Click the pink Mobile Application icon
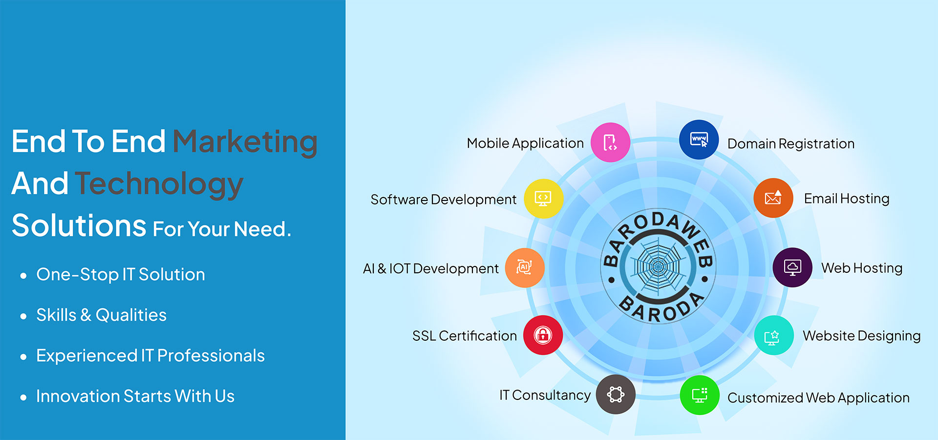[610, 142]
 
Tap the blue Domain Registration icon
[699, 140]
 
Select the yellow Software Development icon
[543, 198]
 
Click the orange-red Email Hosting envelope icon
[773, 198]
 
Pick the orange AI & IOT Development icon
[525, 267]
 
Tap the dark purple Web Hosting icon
[792, 267]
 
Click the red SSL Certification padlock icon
[543, 335]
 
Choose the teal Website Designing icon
[774, 335]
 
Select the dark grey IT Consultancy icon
[616, 394]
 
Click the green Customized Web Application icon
[700, 395]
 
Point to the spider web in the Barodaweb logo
[658, 267]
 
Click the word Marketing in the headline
[245, 142]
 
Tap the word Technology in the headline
[159, 184]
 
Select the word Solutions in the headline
[79, 225]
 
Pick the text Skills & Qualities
[102, 315]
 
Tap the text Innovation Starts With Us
[135, 396]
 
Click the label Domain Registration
[791, 144]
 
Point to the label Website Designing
[862, 336]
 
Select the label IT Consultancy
[545, 395]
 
